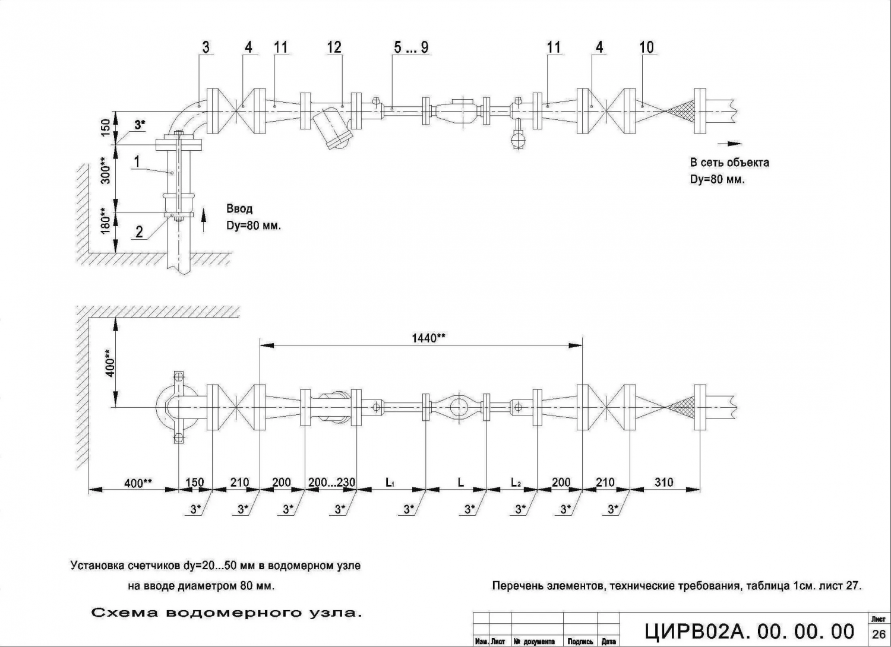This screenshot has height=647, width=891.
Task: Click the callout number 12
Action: tap(334, 47)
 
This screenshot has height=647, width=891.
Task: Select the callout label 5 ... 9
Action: tap(411, 47)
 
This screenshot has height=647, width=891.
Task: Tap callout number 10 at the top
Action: tap(646, 47)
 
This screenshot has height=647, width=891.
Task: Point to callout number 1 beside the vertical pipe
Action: tap(137, 161)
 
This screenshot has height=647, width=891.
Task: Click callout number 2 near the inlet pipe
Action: tap(139, 231)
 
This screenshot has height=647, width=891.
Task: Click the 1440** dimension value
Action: tap(428, 338)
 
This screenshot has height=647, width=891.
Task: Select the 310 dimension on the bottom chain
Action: tap(664, 483)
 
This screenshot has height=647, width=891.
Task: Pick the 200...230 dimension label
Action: tap(331, 483)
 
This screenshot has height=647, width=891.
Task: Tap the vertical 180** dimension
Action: tap(106, 221)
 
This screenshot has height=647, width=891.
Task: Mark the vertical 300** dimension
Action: tap(106, 170)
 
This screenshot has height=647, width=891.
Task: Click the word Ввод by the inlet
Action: tap(239, 209)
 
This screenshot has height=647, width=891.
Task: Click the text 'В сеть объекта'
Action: tap(729, 163)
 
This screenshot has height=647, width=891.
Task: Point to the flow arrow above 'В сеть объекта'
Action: tap(730, 143)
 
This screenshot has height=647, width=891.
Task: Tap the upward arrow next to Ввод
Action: tap(204, 219)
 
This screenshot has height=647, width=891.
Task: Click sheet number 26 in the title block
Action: tap(879, 635)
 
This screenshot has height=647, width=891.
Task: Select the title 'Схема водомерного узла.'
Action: tap(227, 613)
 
